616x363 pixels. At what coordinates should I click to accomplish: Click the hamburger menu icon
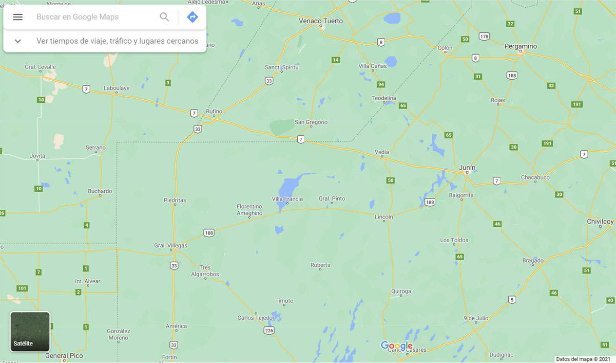pos(18,17)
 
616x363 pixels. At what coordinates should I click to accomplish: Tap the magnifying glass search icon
pos(164,17)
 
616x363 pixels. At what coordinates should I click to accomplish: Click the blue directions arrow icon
pos(192,17)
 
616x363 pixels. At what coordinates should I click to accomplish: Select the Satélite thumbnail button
pos(30,332)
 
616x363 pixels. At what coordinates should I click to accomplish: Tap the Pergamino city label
pos(521,46)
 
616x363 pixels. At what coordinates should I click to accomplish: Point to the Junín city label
pos(467,168)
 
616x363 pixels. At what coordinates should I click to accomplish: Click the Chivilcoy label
pos(600,222)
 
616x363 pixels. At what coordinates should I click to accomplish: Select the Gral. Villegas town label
pos(171,246)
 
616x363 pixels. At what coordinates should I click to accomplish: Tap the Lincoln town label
pos(384,217)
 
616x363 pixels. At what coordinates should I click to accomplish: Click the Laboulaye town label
pos(117,88)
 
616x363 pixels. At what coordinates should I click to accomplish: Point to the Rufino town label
pos(214,112)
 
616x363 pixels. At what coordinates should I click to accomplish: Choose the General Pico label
pos(64,356)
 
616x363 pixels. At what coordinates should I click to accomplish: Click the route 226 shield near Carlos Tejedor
pos(269,331)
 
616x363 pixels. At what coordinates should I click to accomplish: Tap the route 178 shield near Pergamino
pos(484,37)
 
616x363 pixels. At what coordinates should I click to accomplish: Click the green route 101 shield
pos(22,288)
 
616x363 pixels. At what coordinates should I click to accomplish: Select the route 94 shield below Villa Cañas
pos(380,84)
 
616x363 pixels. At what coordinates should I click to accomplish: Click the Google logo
pos(396,346)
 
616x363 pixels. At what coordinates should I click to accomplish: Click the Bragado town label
pos(533,261)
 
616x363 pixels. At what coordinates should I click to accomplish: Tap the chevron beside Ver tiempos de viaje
pos(18,41)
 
